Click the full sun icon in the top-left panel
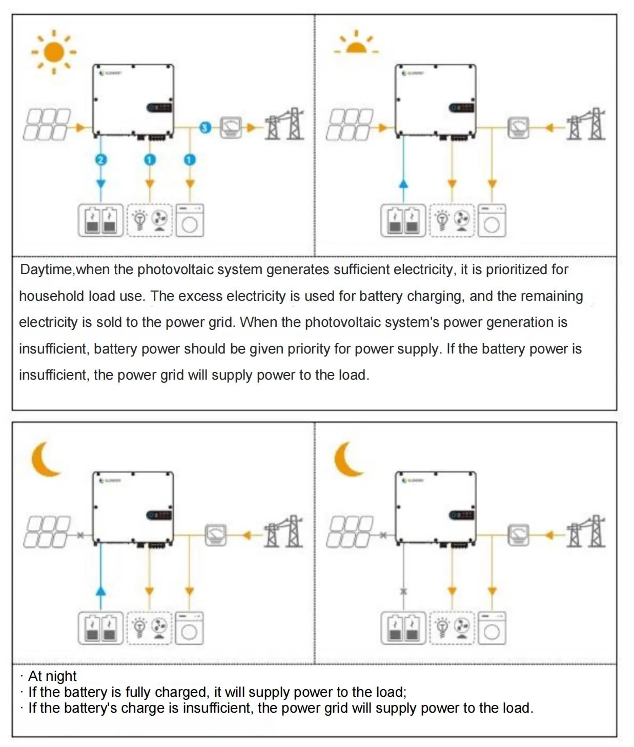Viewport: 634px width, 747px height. (x=54, y=52)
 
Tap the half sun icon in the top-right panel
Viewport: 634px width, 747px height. (x=356, y=45)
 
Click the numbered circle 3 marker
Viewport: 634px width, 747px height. (x=205, y=127)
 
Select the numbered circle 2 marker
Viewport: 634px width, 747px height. (x=100, y=160)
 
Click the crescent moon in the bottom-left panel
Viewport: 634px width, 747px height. (x=45, y=459)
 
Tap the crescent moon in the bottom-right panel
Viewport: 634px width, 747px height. (x=347, y=459)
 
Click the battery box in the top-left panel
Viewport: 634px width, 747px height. (x=100, y=220)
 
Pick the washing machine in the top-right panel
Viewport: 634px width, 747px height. (x=492, y=220)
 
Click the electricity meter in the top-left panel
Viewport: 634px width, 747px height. (x=231, y=127)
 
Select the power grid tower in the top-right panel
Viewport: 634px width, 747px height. (x=586, y=125)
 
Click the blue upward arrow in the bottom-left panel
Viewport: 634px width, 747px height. (x=101, y=591)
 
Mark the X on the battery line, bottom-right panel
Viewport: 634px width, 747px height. (x=403, y=591)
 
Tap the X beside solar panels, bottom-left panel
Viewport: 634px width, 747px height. (x=80, y=535)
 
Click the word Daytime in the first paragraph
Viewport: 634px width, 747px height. (x=47, y=269)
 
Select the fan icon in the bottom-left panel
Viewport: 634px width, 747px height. (x=159, y=628)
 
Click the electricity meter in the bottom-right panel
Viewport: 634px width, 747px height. (x=518, y=535)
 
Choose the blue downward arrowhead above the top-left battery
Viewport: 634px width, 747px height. (x=101, y=184)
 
